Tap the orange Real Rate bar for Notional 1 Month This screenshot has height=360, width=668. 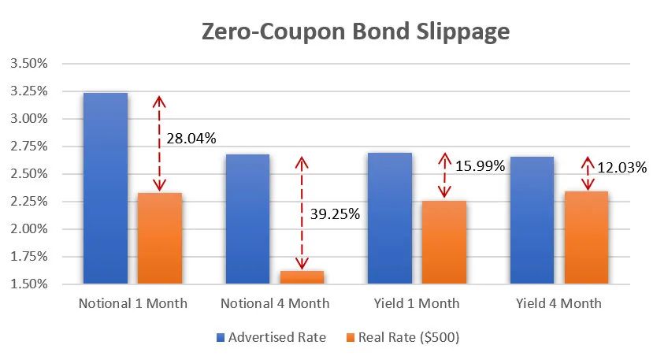(x=160, y=238)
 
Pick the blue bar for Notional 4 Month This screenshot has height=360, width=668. (x=247, y=218)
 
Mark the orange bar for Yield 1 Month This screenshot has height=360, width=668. (x=444, y=242)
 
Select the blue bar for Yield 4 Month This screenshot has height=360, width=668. (x=532, y=220)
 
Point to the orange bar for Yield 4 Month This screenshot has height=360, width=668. (x=587, y=237)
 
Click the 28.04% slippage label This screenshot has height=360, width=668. (x=191, y=139)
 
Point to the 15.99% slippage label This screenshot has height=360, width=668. (x=481, y=166)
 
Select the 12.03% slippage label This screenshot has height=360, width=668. (x=622, y=167)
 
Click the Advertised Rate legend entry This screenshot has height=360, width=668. (x=271, y=337)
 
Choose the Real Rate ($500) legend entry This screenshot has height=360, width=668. (x=407, y=337)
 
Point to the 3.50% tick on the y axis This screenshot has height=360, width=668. (x=29, y=63)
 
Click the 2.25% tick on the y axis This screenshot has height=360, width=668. (x=29, y=201)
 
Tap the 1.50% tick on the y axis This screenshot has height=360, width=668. (x=29, y=284)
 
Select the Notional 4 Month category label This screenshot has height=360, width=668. (x=275, y=303)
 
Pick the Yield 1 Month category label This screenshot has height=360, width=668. (x=417, y=303)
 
